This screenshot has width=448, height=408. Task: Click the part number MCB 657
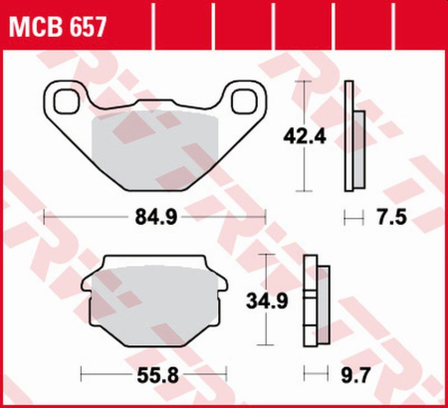click(58, 21)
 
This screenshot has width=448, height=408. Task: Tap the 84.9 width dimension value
click(155, 215)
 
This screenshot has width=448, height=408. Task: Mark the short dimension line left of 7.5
click(349, 215)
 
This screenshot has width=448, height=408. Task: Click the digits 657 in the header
click(83, 21)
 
